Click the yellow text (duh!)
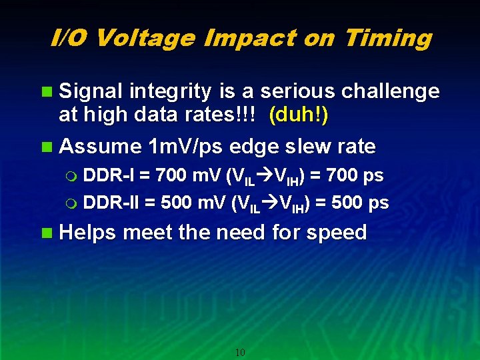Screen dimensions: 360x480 [x=299, y=115]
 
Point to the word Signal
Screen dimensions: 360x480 [x=91, y=91]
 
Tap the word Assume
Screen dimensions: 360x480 [x=101, y=145]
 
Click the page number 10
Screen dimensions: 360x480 [x=241, y=352]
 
